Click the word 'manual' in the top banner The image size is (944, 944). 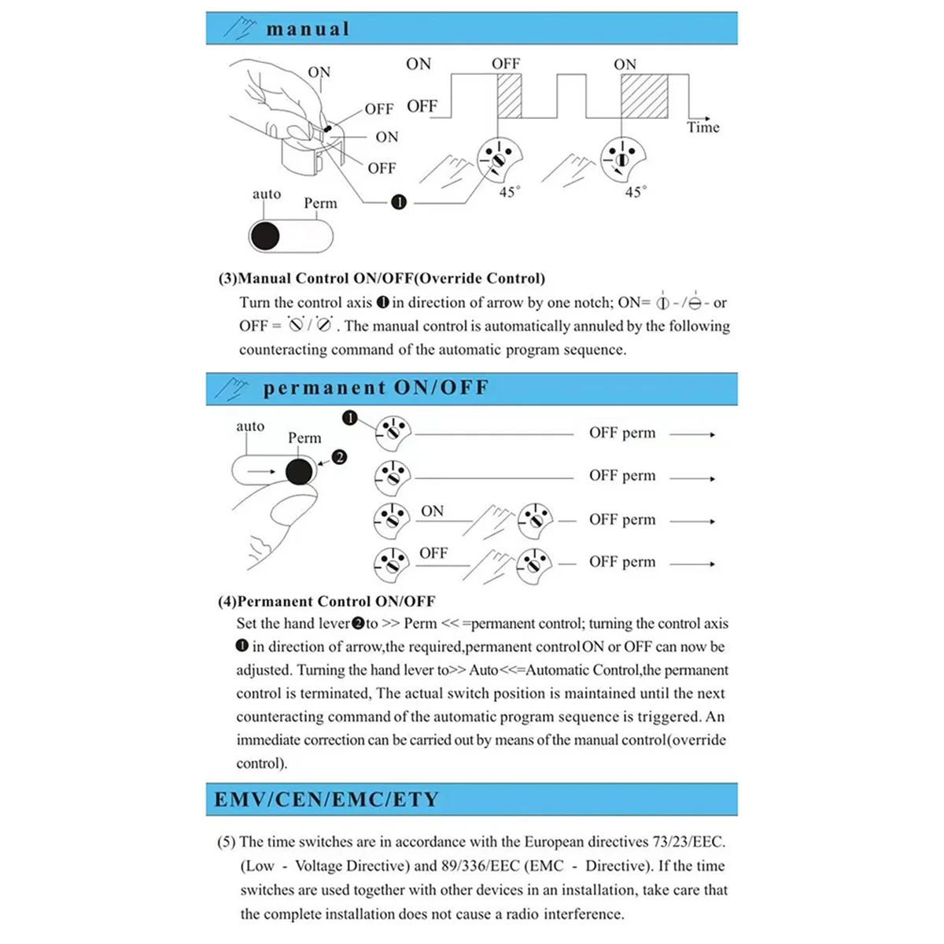coord(308,29)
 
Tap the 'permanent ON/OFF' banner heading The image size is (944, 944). coord(375,388)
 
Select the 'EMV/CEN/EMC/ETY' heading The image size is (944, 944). coord(326,799)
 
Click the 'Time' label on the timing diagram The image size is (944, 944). coord(702,127)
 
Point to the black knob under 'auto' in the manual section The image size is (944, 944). coord(265,236)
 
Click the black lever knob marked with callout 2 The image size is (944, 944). coord(299,472)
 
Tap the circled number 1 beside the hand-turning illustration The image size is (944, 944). coord(399,202)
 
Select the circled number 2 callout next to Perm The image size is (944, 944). coord(339,457)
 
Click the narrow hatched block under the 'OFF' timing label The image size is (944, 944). coord(509,97)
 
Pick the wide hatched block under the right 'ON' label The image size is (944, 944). coord(644,97)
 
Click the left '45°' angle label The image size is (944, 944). coord(509,192)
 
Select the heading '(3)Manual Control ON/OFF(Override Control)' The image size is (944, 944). coord(382,278)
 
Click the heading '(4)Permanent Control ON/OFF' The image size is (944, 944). coord(326,601)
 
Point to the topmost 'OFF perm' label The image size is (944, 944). coord(621,433)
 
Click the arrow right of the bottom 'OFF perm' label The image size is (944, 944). coord(692,563)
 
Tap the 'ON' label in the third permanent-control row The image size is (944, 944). coord(432,511)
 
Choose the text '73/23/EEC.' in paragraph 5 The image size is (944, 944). coord(688,842)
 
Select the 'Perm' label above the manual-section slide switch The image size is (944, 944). coord(320,203)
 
